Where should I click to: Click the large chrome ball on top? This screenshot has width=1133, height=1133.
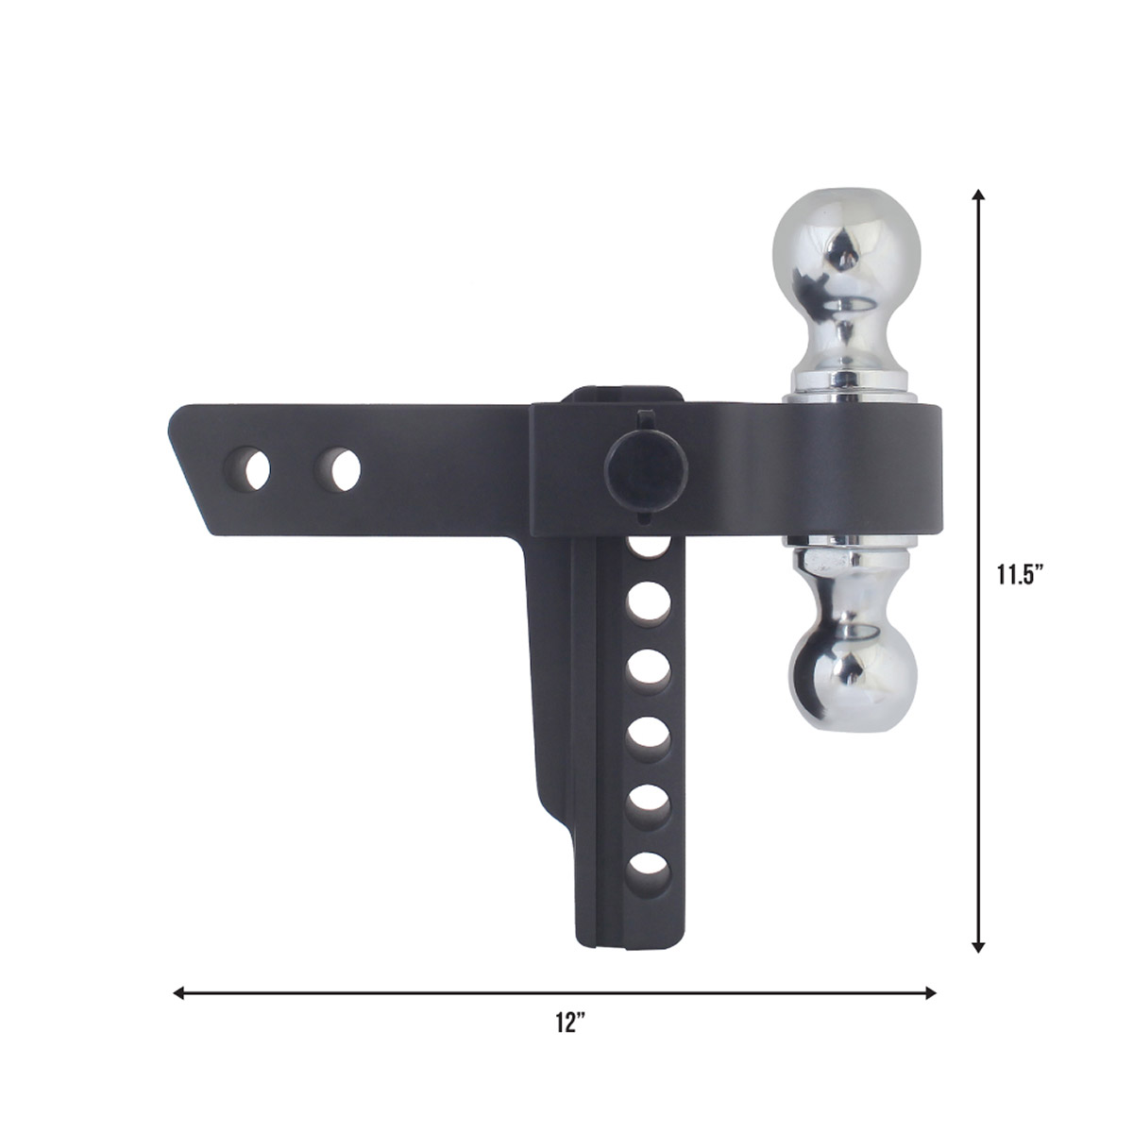(x=847, y=245)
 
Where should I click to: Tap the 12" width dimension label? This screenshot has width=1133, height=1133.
(x=569, y=1023)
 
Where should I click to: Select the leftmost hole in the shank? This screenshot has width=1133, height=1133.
(x=252, y=467)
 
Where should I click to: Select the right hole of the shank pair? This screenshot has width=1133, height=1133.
(x=339, y=467)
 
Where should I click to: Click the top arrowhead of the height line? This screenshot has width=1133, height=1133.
(x=980, y=196)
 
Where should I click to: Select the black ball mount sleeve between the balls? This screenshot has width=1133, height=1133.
(x=850, y=467)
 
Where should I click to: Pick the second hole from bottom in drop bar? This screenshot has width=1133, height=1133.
(x=646, y=796)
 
